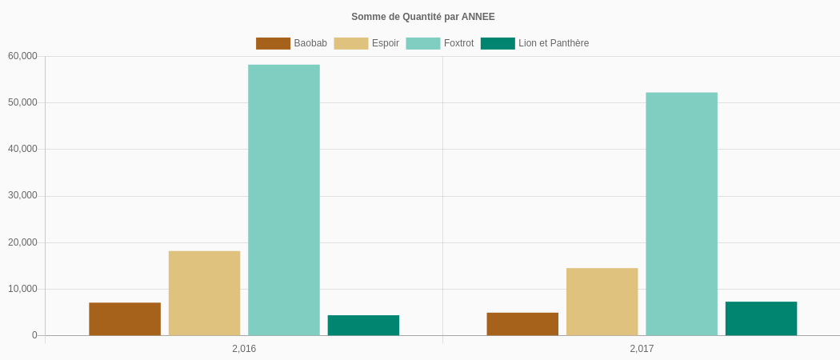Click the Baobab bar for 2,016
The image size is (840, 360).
point(125,319)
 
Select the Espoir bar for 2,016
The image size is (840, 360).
point(204,294)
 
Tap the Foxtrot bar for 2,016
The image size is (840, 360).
point(284,200)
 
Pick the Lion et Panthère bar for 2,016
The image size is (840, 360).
point(363,326)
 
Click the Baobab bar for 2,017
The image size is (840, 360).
point(522,324)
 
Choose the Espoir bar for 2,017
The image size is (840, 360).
point(602,302)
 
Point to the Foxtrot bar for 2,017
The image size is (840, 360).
point(682,214)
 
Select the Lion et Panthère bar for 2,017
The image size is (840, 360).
point(761,318)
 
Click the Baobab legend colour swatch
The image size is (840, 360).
point(273,43)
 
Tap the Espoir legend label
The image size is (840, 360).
point(386,43)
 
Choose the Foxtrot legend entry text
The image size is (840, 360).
point(458,43)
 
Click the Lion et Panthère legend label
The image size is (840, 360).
point(554,43)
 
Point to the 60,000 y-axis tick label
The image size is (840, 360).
point(22,56)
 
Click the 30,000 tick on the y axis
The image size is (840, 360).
point(22,196)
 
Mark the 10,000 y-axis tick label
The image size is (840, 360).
point(22,289)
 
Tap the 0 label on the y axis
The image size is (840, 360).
point(34,335)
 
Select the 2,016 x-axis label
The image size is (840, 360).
point(244,349)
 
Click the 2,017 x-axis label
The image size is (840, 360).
point(642,349)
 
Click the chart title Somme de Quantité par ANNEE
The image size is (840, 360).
point(422,17)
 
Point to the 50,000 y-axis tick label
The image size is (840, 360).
point(22,102)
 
